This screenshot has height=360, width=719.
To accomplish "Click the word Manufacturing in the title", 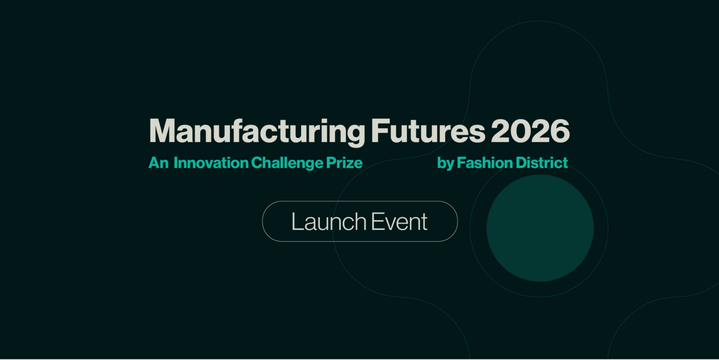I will (257, 132).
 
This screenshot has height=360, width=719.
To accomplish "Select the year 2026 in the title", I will (530, 132).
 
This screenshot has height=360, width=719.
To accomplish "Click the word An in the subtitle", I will (158, 163).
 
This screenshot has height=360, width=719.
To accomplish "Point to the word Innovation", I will (211, 163).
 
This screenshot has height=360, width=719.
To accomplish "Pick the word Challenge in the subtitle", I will (287, 163).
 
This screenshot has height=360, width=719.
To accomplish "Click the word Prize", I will (345, 163).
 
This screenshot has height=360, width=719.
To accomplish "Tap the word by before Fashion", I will (445, 163).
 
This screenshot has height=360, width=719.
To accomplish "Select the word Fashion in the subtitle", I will (484, 163).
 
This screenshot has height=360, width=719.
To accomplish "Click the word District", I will (542, 163).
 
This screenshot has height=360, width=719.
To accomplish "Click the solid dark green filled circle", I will (540, 228).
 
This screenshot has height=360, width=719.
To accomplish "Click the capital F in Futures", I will (378, 132).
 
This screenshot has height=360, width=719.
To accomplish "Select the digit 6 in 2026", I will (559, 132).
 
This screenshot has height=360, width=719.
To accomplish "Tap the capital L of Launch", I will (296, 221).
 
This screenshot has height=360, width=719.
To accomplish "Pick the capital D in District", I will (521, 163).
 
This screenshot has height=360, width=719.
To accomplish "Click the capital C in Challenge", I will (257, 163).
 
